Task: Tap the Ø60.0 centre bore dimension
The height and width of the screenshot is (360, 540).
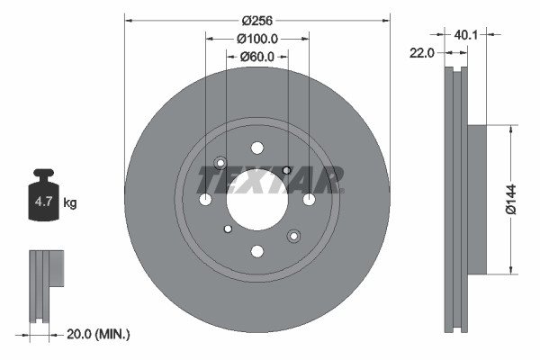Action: pos(256,57)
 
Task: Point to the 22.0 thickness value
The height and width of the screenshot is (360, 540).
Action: pos(423,53)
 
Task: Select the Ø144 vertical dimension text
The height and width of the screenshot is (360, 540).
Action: pos(510,197)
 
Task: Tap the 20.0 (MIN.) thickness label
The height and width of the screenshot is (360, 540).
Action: pos(100,335)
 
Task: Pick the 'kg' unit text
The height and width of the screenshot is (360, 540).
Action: pos(69,203)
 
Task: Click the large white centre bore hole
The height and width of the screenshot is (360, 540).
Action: pos(256,199)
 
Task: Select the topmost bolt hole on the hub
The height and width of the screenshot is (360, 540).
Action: pos(256,148)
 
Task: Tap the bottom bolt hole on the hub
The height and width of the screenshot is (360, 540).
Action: pos(256,251)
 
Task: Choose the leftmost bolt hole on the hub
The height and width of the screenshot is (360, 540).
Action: pos(205,199)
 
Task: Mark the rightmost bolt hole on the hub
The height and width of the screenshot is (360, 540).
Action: pos(309,199)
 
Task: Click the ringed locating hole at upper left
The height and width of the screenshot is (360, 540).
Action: pos(220,163)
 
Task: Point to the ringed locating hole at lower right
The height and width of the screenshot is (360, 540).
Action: pos(293,236)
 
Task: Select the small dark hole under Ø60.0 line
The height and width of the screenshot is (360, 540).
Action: pos(287,170)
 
